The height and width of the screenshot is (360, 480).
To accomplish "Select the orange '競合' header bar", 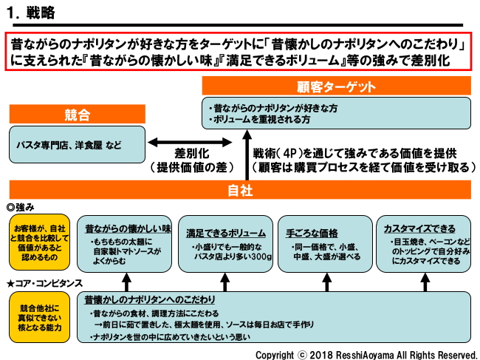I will click(x=77, y=115).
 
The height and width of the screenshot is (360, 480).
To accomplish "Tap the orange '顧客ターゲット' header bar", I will click(x=337, y=87).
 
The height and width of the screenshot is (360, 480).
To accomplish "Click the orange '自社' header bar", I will click(x=240, y=190).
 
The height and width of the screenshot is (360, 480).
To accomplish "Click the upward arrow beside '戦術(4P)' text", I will click(x=244, y=158).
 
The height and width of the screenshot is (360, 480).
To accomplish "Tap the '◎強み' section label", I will click(x=21, y=207).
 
